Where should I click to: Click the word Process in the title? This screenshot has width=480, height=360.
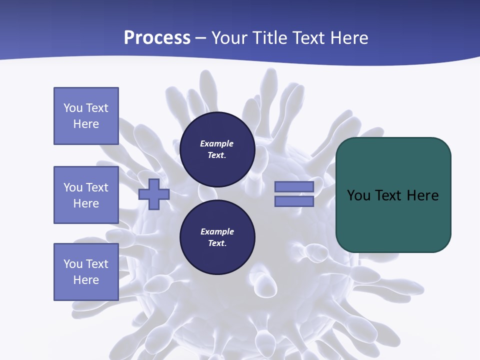[157, 38]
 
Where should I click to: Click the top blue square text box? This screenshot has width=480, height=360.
[86, 116]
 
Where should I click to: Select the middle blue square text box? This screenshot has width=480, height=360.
[86, 195]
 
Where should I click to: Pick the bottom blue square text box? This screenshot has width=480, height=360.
[86, 271]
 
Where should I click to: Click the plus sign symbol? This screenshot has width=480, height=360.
[154, 194]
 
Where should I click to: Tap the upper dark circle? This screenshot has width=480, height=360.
[217, 149]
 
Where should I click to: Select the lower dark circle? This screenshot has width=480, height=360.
[217, 237]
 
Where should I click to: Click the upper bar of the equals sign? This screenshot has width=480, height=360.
[294, 186]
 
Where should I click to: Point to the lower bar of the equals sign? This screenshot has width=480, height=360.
[294, 201]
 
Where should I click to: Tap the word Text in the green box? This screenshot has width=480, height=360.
[389, 195]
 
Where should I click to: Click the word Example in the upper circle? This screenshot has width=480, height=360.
[217, 143]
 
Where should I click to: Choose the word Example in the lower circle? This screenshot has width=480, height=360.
[217, 231]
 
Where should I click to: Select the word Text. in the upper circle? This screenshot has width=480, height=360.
[217, 155]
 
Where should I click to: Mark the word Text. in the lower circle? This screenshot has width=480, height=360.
[217, 243]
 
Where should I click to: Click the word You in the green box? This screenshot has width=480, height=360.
[358, 195]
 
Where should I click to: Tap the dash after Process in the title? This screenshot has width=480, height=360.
[201, 38]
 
